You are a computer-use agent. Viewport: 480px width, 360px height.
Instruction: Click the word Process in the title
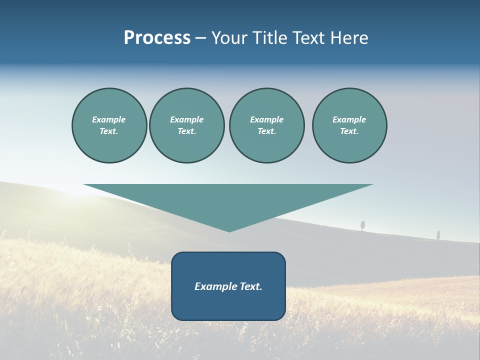coord(157,38)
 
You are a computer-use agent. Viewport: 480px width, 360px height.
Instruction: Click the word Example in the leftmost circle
coord(109,119)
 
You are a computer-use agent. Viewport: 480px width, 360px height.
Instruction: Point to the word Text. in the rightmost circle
coord(349,131)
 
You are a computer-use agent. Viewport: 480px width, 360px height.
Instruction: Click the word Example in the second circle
coord(186,119)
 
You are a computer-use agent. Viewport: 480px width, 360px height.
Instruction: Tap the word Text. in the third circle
coord(266,131)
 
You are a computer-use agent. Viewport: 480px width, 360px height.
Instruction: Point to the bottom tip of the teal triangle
coord(229,231)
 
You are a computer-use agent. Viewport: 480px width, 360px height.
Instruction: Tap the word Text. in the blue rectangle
coord(251,286)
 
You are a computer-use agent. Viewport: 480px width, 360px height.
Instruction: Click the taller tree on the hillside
coord(362,225)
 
